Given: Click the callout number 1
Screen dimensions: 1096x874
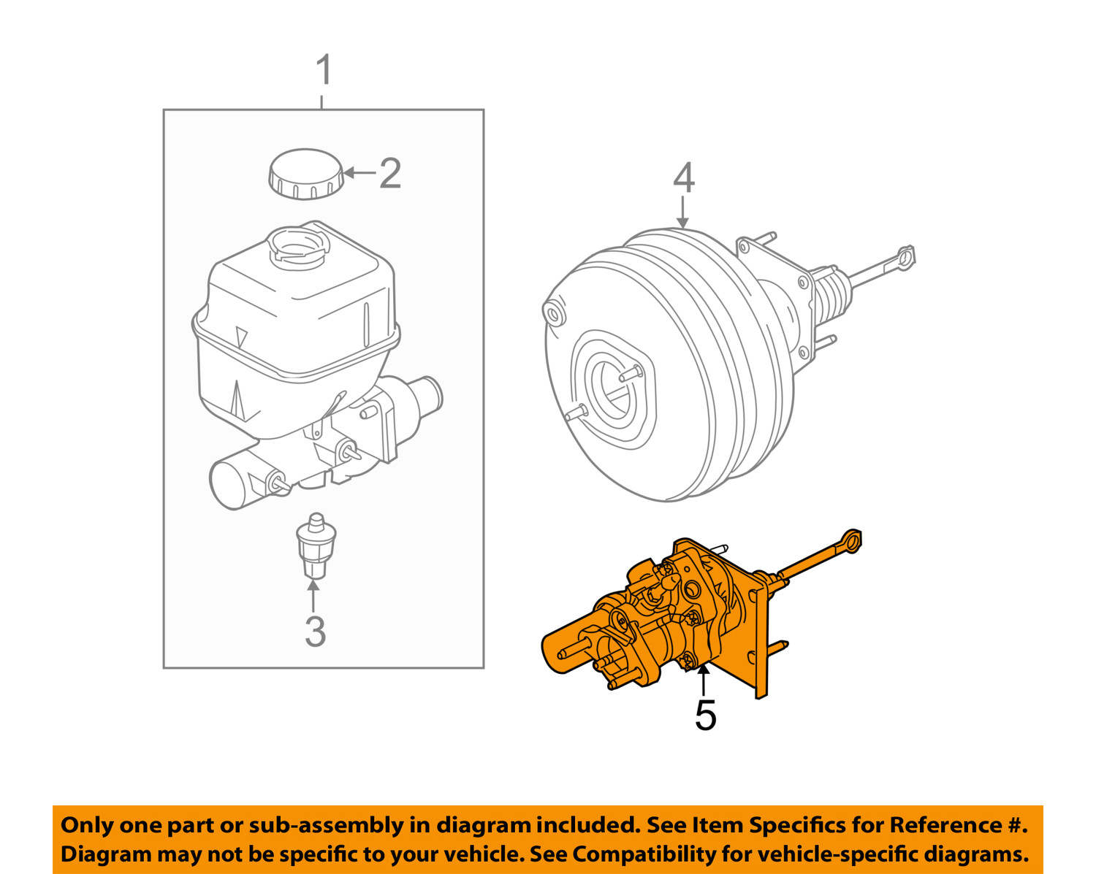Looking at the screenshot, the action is pyautogui.click(x=324, y=72).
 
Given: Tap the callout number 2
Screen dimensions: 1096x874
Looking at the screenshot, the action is pyautogui.click(x=390, y=174).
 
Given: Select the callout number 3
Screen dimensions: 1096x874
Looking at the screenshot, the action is pyautogui.click(x=315, y=632).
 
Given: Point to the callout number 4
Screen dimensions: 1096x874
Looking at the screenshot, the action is pyautogui.click(x=683, y=179).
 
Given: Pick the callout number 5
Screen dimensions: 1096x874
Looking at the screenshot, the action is pyautogui.click(x=705, y=715).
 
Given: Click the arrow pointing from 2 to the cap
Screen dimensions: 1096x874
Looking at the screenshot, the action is pyautogui.click(x=359, y=173).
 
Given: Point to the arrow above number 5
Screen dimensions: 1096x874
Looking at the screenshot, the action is pyautogui.click(x=704, y=681).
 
